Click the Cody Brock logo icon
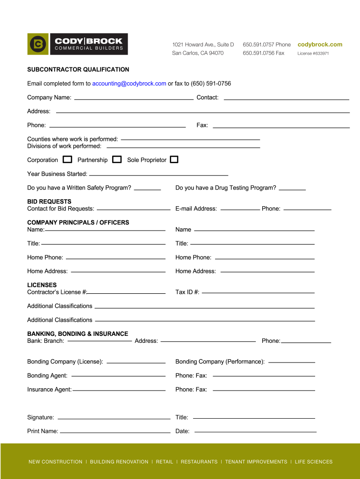(37, 44)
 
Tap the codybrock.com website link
(320, 44)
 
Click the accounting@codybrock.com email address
(129, 84)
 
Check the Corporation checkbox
(67, 160)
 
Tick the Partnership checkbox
(117, 160)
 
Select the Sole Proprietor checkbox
(174, 160)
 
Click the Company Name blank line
(134, 99)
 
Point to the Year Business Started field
(158, 174)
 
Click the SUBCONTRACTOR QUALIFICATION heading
(78, 70)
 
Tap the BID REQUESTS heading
(49, 202)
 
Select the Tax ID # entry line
(258, 292)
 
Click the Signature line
(114, 418)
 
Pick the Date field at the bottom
(255, 431)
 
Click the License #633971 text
(313, 53)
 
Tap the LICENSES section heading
(42, 285)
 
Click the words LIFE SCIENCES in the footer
(314, 462)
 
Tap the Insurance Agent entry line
(119, 390)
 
